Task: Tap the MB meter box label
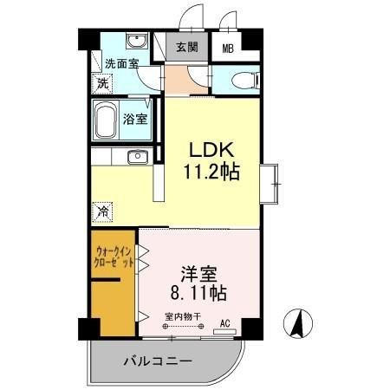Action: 227,49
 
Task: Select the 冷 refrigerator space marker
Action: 102,211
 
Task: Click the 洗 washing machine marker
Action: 101,85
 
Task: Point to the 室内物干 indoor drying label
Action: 180,316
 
